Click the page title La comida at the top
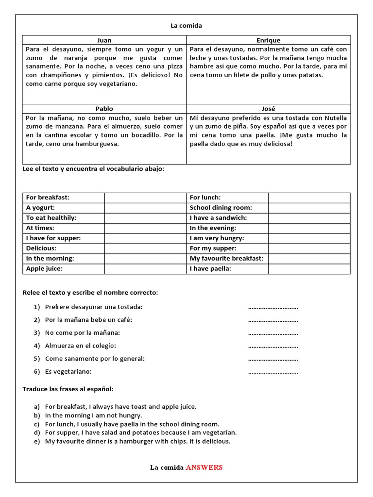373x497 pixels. click(186, 25)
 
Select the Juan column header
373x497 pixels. click(104, 40)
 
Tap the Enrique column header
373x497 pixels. click(268, 40)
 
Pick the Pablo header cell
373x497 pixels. click(104, 109)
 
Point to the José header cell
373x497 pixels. click(268, 109)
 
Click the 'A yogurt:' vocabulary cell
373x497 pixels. click(64, 208)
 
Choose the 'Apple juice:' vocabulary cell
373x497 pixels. click(64, 268)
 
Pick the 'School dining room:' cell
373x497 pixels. click(227, 208)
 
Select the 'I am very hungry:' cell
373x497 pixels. click(227, 238)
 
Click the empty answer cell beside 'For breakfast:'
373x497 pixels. click(145, 198)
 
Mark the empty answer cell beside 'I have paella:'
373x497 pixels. click(309, 268)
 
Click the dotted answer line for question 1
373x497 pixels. click(273, 307)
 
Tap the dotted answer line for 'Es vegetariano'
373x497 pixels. click(273, 372)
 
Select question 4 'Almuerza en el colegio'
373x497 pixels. click(81, 346)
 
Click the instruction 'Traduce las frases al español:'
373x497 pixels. click(68, 389)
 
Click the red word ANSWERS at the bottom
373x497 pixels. click(204, 467)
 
